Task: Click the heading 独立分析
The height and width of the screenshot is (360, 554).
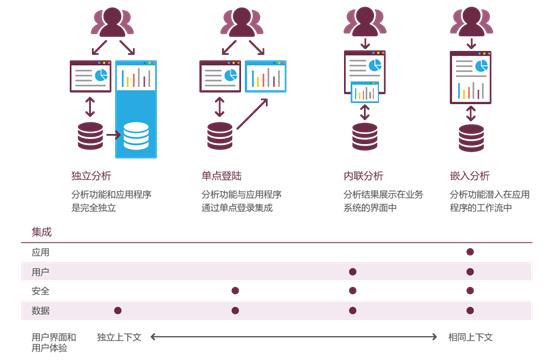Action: click(91, 176)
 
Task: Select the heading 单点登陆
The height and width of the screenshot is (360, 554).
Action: click(222, 176)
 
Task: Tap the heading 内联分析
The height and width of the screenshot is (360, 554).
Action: click(363, 176)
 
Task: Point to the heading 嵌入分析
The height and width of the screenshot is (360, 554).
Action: click(470, 176)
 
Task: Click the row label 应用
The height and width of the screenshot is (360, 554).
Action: click(41, 252)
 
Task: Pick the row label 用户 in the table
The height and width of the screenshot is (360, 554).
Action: click(41, 272)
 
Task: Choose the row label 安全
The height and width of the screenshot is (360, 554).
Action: click(41, 291)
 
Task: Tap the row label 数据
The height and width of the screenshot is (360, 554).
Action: click(41, 311)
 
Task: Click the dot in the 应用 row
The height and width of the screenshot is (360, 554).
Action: click(470, 252)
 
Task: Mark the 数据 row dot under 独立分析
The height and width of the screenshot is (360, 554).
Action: click(118, 310)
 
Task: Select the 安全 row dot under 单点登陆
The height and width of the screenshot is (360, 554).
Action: click(235, 290)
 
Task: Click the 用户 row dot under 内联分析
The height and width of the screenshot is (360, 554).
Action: click(353, 272)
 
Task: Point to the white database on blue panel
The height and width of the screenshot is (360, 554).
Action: click(136, 136)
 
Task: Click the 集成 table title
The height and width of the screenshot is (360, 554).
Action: click(42, 232)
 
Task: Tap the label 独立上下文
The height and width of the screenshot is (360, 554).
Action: click(119, 337)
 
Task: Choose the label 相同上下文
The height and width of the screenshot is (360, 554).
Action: click(471, 337)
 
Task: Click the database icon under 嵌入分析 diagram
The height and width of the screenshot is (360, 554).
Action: click(471, 138)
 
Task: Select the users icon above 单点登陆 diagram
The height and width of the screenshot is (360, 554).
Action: click(242, 22)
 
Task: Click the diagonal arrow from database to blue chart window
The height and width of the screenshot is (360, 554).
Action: click(252, 114)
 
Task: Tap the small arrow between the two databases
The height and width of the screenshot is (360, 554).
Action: click(113, 135)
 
